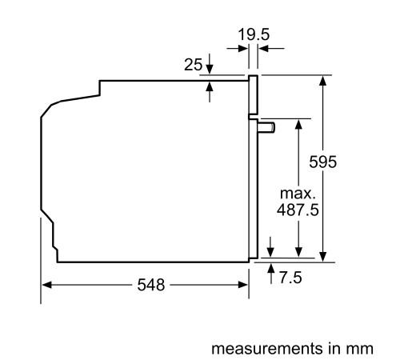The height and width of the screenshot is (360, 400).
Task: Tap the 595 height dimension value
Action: (x=323, y=162)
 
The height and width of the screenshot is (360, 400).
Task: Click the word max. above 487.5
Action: (x=298, y=194)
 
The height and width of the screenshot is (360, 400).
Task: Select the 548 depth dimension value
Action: (x=145, y=285)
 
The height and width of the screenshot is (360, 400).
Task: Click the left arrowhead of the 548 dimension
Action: (x=46, y=285)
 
